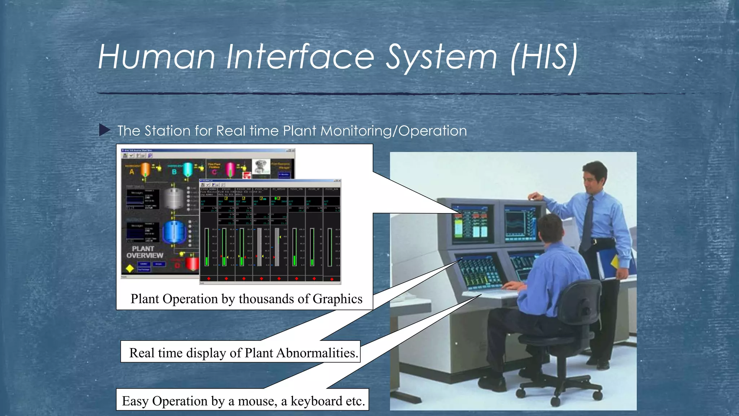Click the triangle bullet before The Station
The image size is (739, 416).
pyautogui.click(x=104, y=130)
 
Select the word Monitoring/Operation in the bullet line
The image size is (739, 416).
pyautogui.click(x=393, y=131)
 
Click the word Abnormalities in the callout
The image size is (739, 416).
pyautogui.click(x=317, y=353)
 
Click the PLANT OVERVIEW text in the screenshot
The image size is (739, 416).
pyautogui.click(x=144, y=252)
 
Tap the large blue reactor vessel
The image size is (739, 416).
pyautogui.click(x=174, y=232)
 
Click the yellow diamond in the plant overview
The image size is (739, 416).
pyautogui.click(x=130, y=269)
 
